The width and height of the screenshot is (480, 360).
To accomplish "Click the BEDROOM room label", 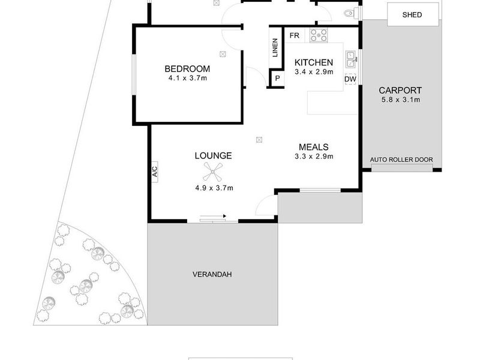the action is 187,69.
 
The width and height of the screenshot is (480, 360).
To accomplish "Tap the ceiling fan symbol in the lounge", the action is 212,172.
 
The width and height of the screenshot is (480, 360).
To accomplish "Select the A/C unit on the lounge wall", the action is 155,172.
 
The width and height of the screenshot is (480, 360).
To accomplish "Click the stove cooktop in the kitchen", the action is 319,35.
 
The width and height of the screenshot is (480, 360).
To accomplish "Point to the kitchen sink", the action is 350,59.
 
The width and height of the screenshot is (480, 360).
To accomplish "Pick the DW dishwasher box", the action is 350,79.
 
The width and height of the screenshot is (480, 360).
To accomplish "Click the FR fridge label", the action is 294,35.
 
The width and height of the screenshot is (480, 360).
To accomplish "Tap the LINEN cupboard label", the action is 275,47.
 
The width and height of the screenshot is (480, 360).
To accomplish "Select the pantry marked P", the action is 277,79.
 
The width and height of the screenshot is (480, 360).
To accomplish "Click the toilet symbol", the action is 351,13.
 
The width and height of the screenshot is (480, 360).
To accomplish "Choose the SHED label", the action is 412,14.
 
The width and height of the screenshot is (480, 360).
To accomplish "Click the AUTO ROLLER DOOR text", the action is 401,160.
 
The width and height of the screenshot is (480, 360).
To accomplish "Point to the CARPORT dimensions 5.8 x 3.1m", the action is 401,100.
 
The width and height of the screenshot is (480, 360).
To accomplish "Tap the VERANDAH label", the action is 212,274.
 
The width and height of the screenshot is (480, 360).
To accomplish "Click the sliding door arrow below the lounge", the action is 213,216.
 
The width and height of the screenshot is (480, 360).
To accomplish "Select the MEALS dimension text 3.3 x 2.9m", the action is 314,157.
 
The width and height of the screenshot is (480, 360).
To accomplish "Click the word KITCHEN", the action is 314,62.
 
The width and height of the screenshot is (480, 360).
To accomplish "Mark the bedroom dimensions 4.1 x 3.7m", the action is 187,78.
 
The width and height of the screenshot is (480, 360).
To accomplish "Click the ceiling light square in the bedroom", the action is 223,54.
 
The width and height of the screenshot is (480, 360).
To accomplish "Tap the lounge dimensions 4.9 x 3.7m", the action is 214,188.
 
